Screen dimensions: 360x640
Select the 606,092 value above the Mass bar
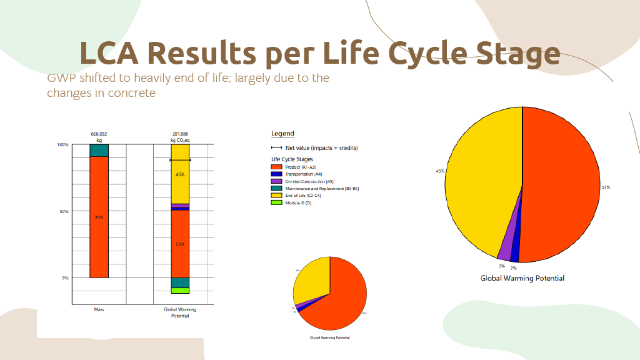[x=99, y=134]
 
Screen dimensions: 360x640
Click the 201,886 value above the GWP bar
[x=180, y=134]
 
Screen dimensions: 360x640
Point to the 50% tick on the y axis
[x=63, y=211]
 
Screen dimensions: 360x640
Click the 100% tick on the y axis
[x=62, y=145]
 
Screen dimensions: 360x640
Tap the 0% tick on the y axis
[x=65, y=277]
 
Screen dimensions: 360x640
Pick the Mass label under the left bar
[x=99, y=309]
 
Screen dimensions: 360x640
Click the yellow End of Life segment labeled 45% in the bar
[x=180, y=181]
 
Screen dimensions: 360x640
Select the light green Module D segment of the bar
[x=180, y=291]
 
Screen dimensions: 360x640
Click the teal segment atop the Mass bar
[x=99, y=151]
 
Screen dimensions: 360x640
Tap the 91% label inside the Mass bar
[x=99, y=217]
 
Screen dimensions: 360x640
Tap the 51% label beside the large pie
[x=606, y=187]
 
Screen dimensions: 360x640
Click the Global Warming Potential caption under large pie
[x=522, y=278]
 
